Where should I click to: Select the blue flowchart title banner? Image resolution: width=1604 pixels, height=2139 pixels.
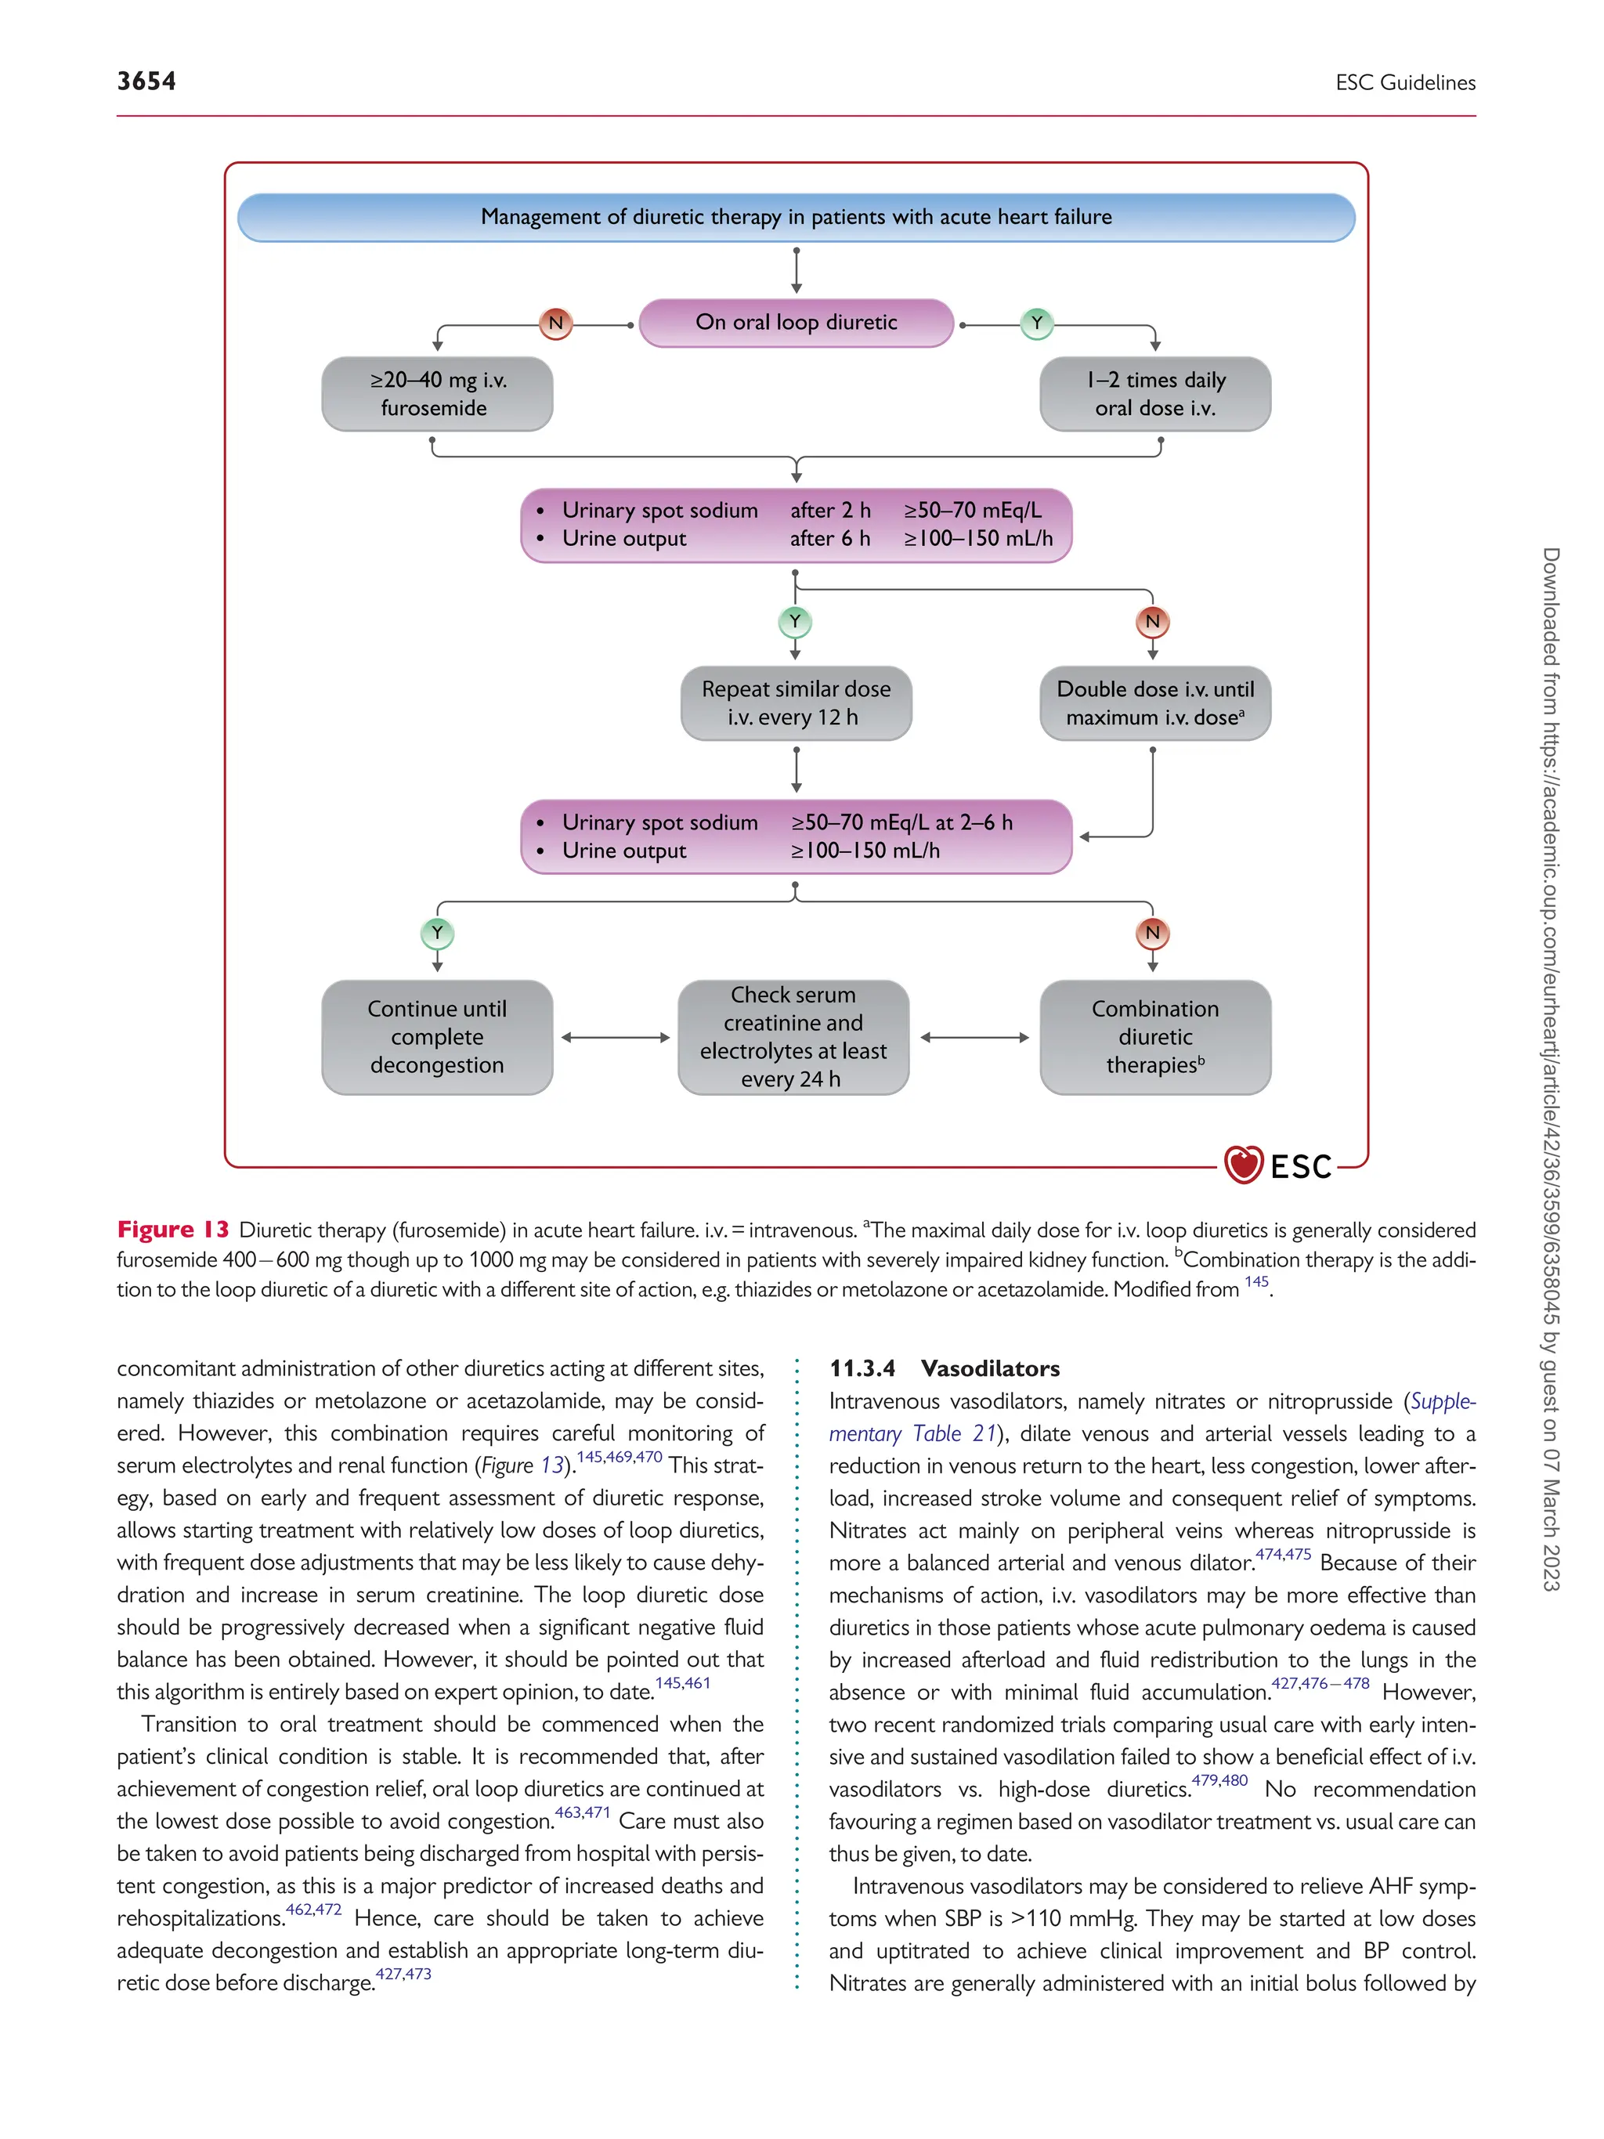(796, 217)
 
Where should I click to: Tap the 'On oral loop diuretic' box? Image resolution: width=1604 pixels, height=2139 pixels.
(796, 323)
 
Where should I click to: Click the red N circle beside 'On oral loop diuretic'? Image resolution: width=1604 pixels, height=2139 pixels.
(556, 323)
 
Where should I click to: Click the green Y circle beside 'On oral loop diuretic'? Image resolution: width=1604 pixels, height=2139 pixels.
(1036, 323)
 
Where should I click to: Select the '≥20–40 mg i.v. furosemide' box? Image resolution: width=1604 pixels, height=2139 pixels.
(437, 393)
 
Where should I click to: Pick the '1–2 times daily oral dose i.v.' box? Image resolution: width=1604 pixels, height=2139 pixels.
(1154, 393)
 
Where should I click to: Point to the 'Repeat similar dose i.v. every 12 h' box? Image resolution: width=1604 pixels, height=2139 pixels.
(796, 703)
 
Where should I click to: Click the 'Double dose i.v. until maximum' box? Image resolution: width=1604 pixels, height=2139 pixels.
(1154, 703)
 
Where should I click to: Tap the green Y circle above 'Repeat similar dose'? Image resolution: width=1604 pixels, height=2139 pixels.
(795, 621)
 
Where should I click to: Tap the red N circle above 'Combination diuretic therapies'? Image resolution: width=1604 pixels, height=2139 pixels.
(1151, 933)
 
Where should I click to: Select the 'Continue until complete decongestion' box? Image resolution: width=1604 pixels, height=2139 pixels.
(437, 1037)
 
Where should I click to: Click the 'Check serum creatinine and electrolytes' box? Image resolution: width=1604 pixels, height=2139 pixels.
(793, 1037)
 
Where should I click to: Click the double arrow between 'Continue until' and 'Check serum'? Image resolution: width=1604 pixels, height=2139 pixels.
(615, 1038)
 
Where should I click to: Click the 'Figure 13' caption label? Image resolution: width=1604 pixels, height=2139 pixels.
(173, 1229)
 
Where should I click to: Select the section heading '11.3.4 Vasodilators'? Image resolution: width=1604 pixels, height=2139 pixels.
(944, 1368)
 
